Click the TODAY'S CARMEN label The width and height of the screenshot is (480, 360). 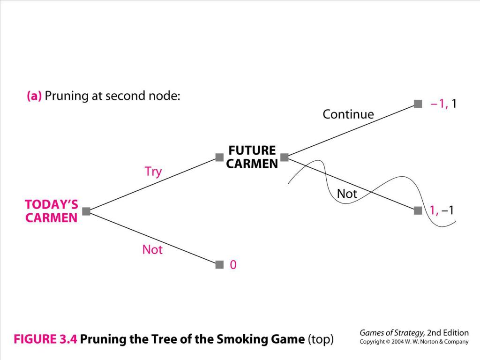point(52,211)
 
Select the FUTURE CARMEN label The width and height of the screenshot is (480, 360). point(252,157)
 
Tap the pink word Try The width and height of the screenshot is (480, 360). point(153,172)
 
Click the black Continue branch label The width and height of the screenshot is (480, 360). point(348,114)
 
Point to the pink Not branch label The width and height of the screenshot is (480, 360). point(152,249)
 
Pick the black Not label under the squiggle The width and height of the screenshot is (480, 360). point(347,194)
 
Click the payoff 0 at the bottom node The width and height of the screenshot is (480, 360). point(233,264)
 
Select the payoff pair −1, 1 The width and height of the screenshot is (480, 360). point(443,104)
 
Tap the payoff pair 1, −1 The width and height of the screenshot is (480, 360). point(442,210)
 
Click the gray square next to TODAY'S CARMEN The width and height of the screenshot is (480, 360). point(86,211)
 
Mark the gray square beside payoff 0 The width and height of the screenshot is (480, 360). point(219,264)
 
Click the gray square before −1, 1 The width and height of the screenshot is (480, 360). point(418,104)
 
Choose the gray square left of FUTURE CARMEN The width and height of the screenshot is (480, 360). point(219,157)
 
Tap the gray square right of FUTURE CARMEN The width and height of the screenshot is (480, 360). point(285,157)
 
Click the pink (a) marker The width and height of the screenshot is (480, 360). point(34,96)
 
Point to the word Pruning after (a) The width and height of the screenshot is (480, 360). point(67,96)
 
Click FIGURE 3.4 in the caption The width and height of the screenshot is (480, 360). point(45,339)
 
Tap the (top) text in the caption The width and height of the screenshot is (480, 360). point(321,339)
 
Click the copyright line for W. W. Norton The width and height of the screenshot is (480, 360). point(414,342)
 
